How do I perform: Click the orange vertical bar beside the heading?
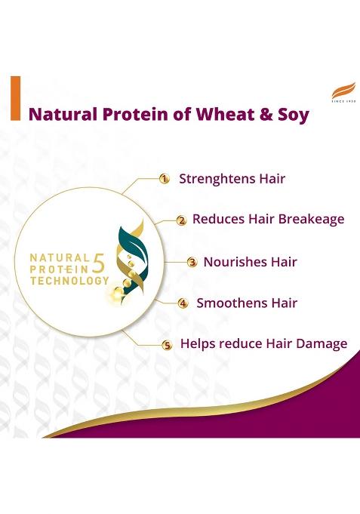tap(15, 98)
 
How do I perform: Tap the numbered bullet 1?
tap(164, 179)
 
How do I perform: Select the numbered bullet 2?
tap(181, 220)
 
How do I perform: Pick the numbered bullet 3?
tap(192, 263)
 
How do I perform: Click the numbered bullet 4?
tap(183, 303)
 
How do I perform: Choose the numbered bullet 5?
tap(168, 345)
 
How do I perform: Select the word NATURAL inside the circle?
tap(60, 257)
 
